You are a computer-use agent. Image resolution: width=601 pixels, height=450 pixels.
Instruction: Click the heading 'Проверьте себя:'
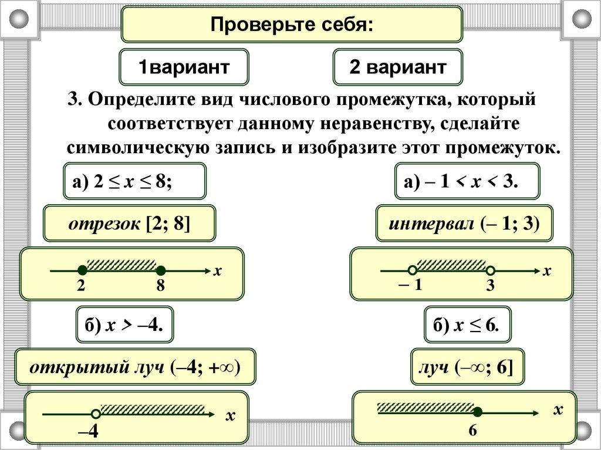292,25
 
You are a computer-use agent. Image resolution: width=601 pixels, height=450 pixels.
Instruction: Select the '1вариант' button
184,67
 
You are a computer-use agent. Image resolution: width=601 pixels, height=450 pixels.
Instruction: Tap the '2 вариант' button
397,67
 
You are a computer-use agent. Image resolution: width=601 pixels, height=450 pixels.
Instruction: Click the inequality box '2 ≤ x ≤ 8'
134,181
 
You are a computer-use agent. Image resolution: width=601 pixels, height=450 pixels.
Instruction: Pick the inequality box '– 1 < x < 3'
466,181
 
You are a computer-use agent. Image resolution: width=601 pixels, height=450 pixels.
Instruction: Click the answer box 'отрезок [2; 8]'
130,224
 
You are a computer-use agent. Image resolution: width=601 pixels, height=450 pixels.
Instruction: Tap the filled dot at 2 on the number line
83,270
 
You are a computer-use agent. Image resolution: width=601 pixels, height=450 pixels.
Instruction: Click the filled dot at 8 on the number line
161,270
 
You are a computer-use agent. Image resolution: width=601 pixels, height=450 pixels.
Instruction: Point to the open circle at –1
413,270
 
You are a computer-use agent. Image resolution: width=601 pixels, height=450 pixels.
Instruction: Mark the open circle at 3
491,270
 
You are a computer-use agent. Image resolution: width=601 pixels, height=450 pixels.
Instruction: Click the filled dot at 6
478,412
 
